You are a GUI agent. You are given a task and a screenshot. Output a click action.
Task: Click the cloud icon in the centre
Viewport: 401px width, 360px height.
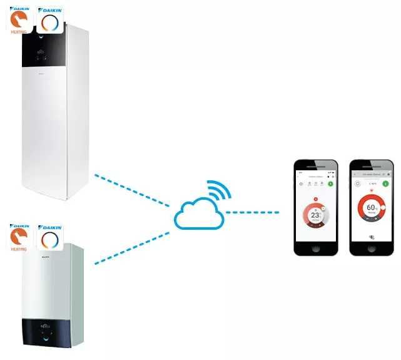click(x=198, y=213)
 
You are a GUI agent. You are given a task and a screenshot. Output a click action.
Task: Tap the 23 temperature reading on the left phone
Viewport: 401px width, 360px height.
click(x=315, y=215)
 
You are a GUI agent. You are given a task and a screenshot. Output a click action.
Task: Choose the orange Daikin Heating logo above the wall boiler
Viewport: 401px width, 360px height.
click(x=20, y=236)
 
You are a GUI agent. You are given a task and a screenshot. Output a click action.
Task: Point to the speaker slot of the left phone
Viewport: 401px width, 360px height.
click(x=316, y=164)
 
